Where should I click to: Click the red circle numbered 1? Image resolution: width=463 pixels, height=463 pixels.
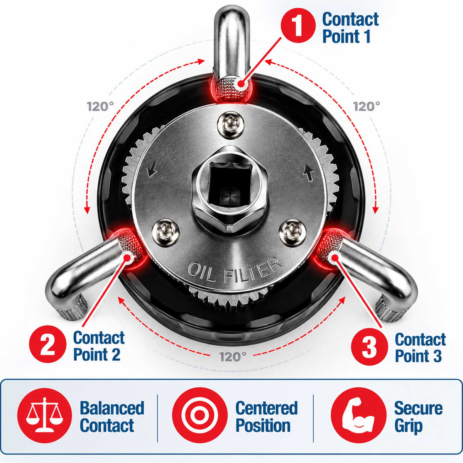pyautogui.click(x=298, y=25)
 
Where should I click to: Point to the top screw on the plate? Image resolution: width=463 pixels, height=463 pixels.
pyautogui.click(x=231, y=125)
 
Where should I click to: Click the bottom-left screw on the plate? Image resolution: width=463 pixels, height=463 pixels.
pyautogui.click(x=165, y=233)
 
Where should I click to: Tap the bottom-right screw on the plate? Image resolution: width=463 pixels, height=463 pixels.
pyautogui.click(x=292, y=233)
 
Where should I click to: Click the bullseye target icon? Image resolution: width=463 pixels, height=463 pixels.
pyautogui.click(x=199, y=415)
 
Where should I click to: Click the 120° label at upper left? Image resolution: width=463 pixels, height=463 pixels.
pyautogui.click(x=100, y=106)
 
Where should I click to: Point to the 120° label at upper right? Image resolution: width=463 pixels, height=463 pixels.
pyautogui.click(x=367, y=106)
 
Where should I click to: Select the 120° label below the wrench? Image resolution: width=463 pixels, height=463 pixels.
pyautogui.click(x=233, y=357)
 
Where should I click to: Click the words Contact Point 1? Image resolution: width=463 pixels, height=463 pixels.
pyautogui.click(x=350, y=28)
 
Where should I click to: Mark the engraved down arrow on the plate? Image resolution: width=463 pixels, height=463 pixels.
pyautogui.click(x=152, y=169)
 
